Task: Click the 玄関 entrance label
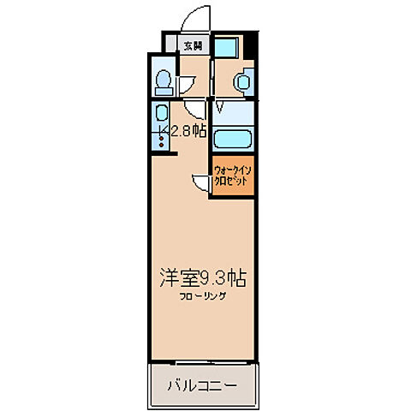point(193,46)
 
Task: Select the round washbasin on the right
point(242,82)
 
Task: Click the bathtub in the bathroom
point(233,138)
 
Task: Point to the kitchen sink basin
point(160,112)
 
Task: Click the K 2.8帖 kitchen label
point(183,130)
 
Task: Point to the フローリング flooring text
point(203,296)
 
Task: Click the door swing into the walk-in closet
point(201,182)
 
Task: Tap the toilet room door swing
point(195,110)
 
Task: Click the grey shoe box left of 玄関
point(172,46)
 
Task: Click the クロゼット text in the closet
point(233,182)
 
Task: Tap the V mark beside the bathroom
point(220,108)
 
